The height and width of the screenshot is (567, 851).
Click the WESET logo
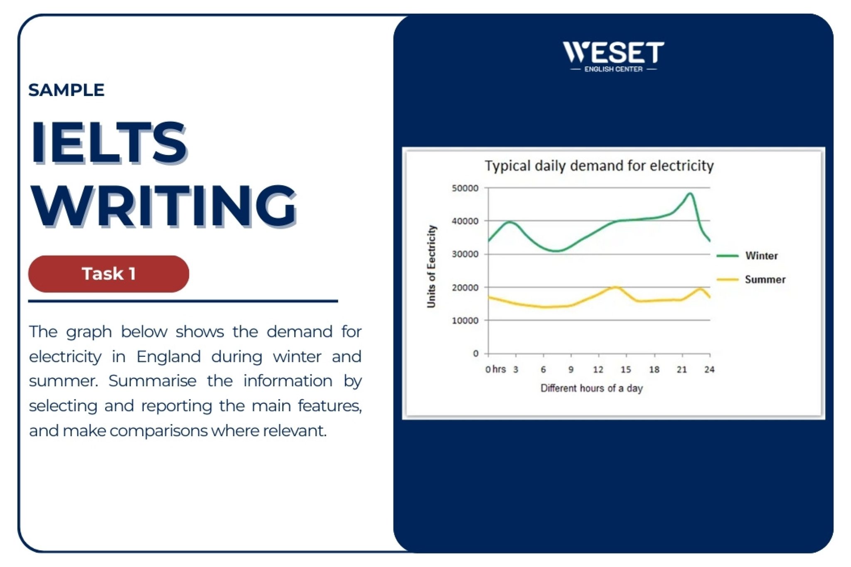click(613, 56)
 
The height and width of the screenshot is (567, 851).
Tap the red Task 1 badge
click(108, 274)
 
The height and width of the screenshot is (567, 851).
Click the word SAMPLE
click(66, 90)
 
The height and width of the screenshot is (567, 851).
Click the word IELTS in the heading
click(109, 142)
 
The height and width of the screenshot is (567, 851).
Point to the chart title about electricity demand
click(599, 166)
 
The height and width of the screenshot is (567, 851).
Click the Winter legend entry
click(747, 255)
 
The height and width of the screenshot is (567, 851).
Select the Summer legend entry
click(751, 280)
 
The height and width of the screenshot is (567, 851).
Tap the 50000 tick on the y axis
click(465, 188)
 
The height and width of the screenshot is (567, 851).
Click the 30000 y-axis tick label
click(465, 254)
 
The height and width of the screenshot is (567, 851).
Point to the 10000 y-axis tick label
click(465, 321)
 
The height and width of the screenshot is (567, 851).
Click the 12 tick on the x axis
click(598, 369)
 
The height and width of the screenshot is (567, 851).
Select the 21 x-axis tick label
click(682, 369)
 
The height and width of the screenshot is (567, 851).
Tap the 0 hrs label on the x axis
click(495, 369)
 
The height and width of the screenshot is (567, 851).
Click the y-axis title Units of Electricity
click(432, 266)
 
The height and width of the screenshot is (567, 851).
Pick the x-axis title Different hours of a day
click(592, 388)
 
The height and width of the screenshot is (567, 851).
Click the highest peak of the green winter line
click(690, 193)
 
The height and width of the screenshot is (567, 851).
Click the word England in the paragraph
click(169, 357)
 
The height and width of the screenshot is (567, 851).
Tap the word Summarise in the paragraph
click(152, 381)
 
